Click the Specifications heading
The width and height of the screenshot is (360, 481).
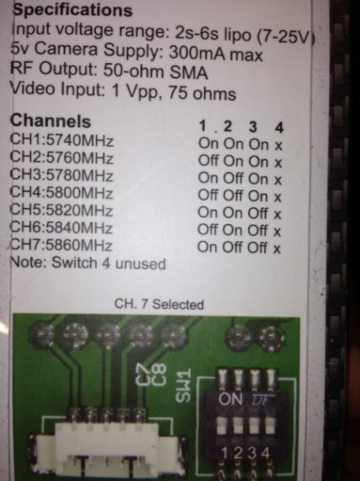click(72, 9)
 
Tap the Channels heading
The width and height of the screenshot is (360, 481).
click(50, 121)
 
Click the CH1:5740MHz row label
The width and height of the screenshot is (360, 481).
click(61, 140)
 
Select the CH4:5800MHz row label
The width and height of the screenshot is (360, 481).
click(61, 193)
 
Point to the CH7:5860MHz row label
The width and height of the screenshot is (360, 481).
click(61, 245)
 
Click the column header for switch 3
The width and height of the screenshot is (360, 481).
click(253, 126)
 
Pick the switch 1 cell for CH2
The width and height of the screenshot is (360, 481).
click(208, 160)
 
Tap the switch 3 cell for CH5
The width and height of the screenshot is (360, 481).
click(258, 213)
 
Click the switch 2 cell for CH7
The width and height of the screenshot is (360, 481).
click(232, 248)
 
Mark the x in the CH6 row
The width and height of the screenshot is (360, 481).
click(277, 232)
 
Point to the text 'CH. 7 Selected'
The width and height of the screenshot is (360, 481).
click(159, 304)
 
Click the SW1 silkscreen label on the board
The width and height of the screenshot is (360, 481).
click(184, 386)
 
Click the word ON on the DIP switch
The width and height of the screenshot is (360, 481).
click(231, 399)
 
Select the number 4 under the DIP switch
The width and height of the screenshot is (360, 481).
click(265, 453)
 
